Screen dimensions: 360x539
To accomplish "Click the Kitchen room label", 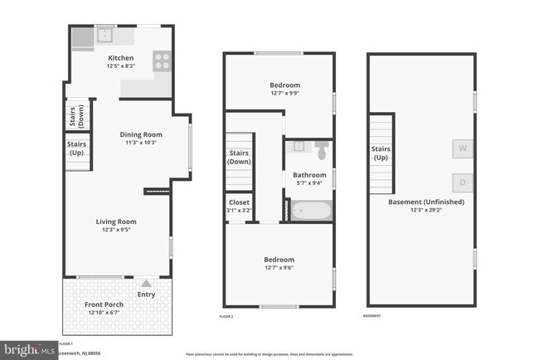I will (120, 58).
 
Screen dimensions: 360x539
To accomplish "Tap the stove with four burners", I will (162, 61).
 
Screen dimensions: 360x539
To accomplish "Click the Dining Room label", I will (141, 134).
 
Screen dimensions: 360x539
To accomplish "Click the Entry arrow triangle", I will (147, 283).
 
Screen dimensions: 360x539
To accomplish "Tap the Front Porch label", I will (104, 304).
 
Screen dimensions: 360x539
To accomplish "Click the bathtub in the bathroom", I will (309, 211).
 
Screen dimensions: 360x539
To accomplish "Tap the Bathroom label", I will (309, 175).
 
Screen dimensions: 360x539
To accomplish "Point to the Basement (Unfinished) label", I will (425, 202).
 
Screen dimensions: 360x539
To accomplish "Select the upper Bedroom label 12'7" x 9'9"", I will (284, 85).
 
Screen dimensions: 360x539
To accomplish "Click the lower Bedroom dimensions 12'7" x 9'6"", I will (279, 267).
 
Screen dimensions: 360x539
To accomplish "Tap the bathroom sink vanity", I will (299, 150).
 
